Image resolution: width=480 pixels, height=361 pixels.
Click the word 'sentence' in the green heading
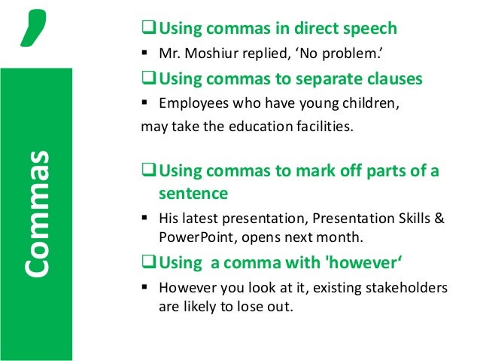pyautogui.click(x=193, y=194)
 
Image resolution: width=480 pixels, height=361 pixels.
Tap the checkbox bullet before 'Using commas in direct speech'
pyautogui.click(x=147, y=29)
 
